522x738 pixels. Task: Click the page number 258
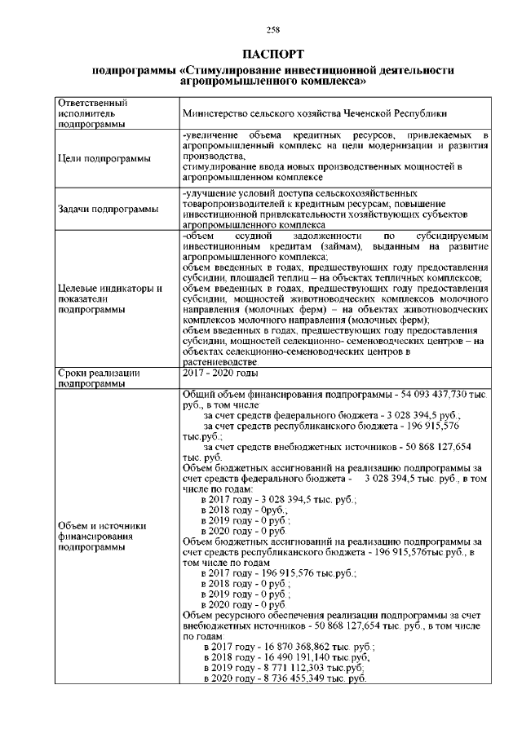click(273, 30)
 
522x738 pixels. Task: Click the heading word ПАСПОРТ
click(273, 54)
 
